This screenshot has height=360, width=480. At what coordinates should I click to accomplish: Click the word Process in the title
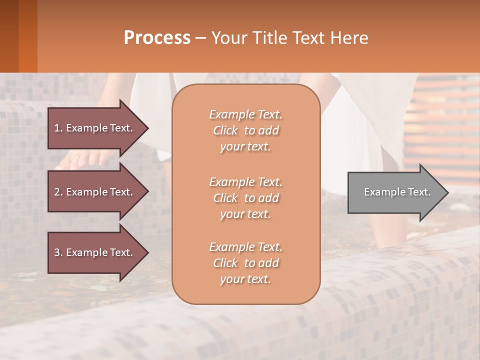[157, 37]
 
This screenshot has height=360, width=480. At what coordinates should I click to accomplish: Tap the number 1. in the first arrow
[58, 128]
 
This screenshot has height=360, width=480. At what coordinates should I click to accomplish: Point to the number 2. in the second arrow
[58, 192]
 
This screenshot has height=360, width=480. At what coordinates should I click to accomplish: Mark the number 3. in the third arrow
[58, 252]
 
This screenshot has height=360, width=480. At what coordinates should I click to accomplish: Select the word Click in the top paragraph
[225, 130]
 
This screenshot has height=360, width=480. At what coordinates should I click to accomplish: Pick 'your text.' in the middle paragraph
[245, 214]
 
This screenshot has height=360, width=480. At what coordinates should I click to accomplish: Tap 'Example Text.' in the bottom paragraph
[245, 247]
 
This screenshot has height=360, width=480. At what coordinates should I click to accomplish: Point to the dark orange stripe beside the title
[27, 36]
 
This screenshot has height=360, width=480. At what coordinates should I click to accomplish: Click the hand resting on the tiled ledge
[80, 160]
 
